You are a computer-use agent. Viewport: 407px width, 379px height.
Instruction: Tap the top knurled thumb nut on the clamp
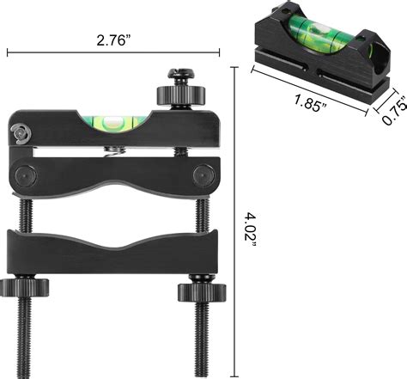tap(172, 93)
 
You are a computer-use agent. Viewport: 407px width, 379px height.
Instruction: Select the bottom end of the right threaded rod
tap(204, 365)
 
